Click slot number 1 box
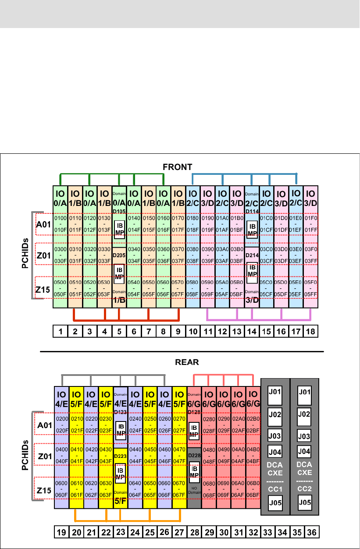coord(60,332)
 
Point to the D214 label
coord(252,255)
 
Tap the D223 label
coord(120,456)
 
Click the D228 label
coord(194,455)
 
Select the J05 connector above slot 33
coord(275,503)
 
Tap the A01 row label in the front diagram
coord(44,227)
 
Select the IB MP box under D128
coord(194,431)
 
